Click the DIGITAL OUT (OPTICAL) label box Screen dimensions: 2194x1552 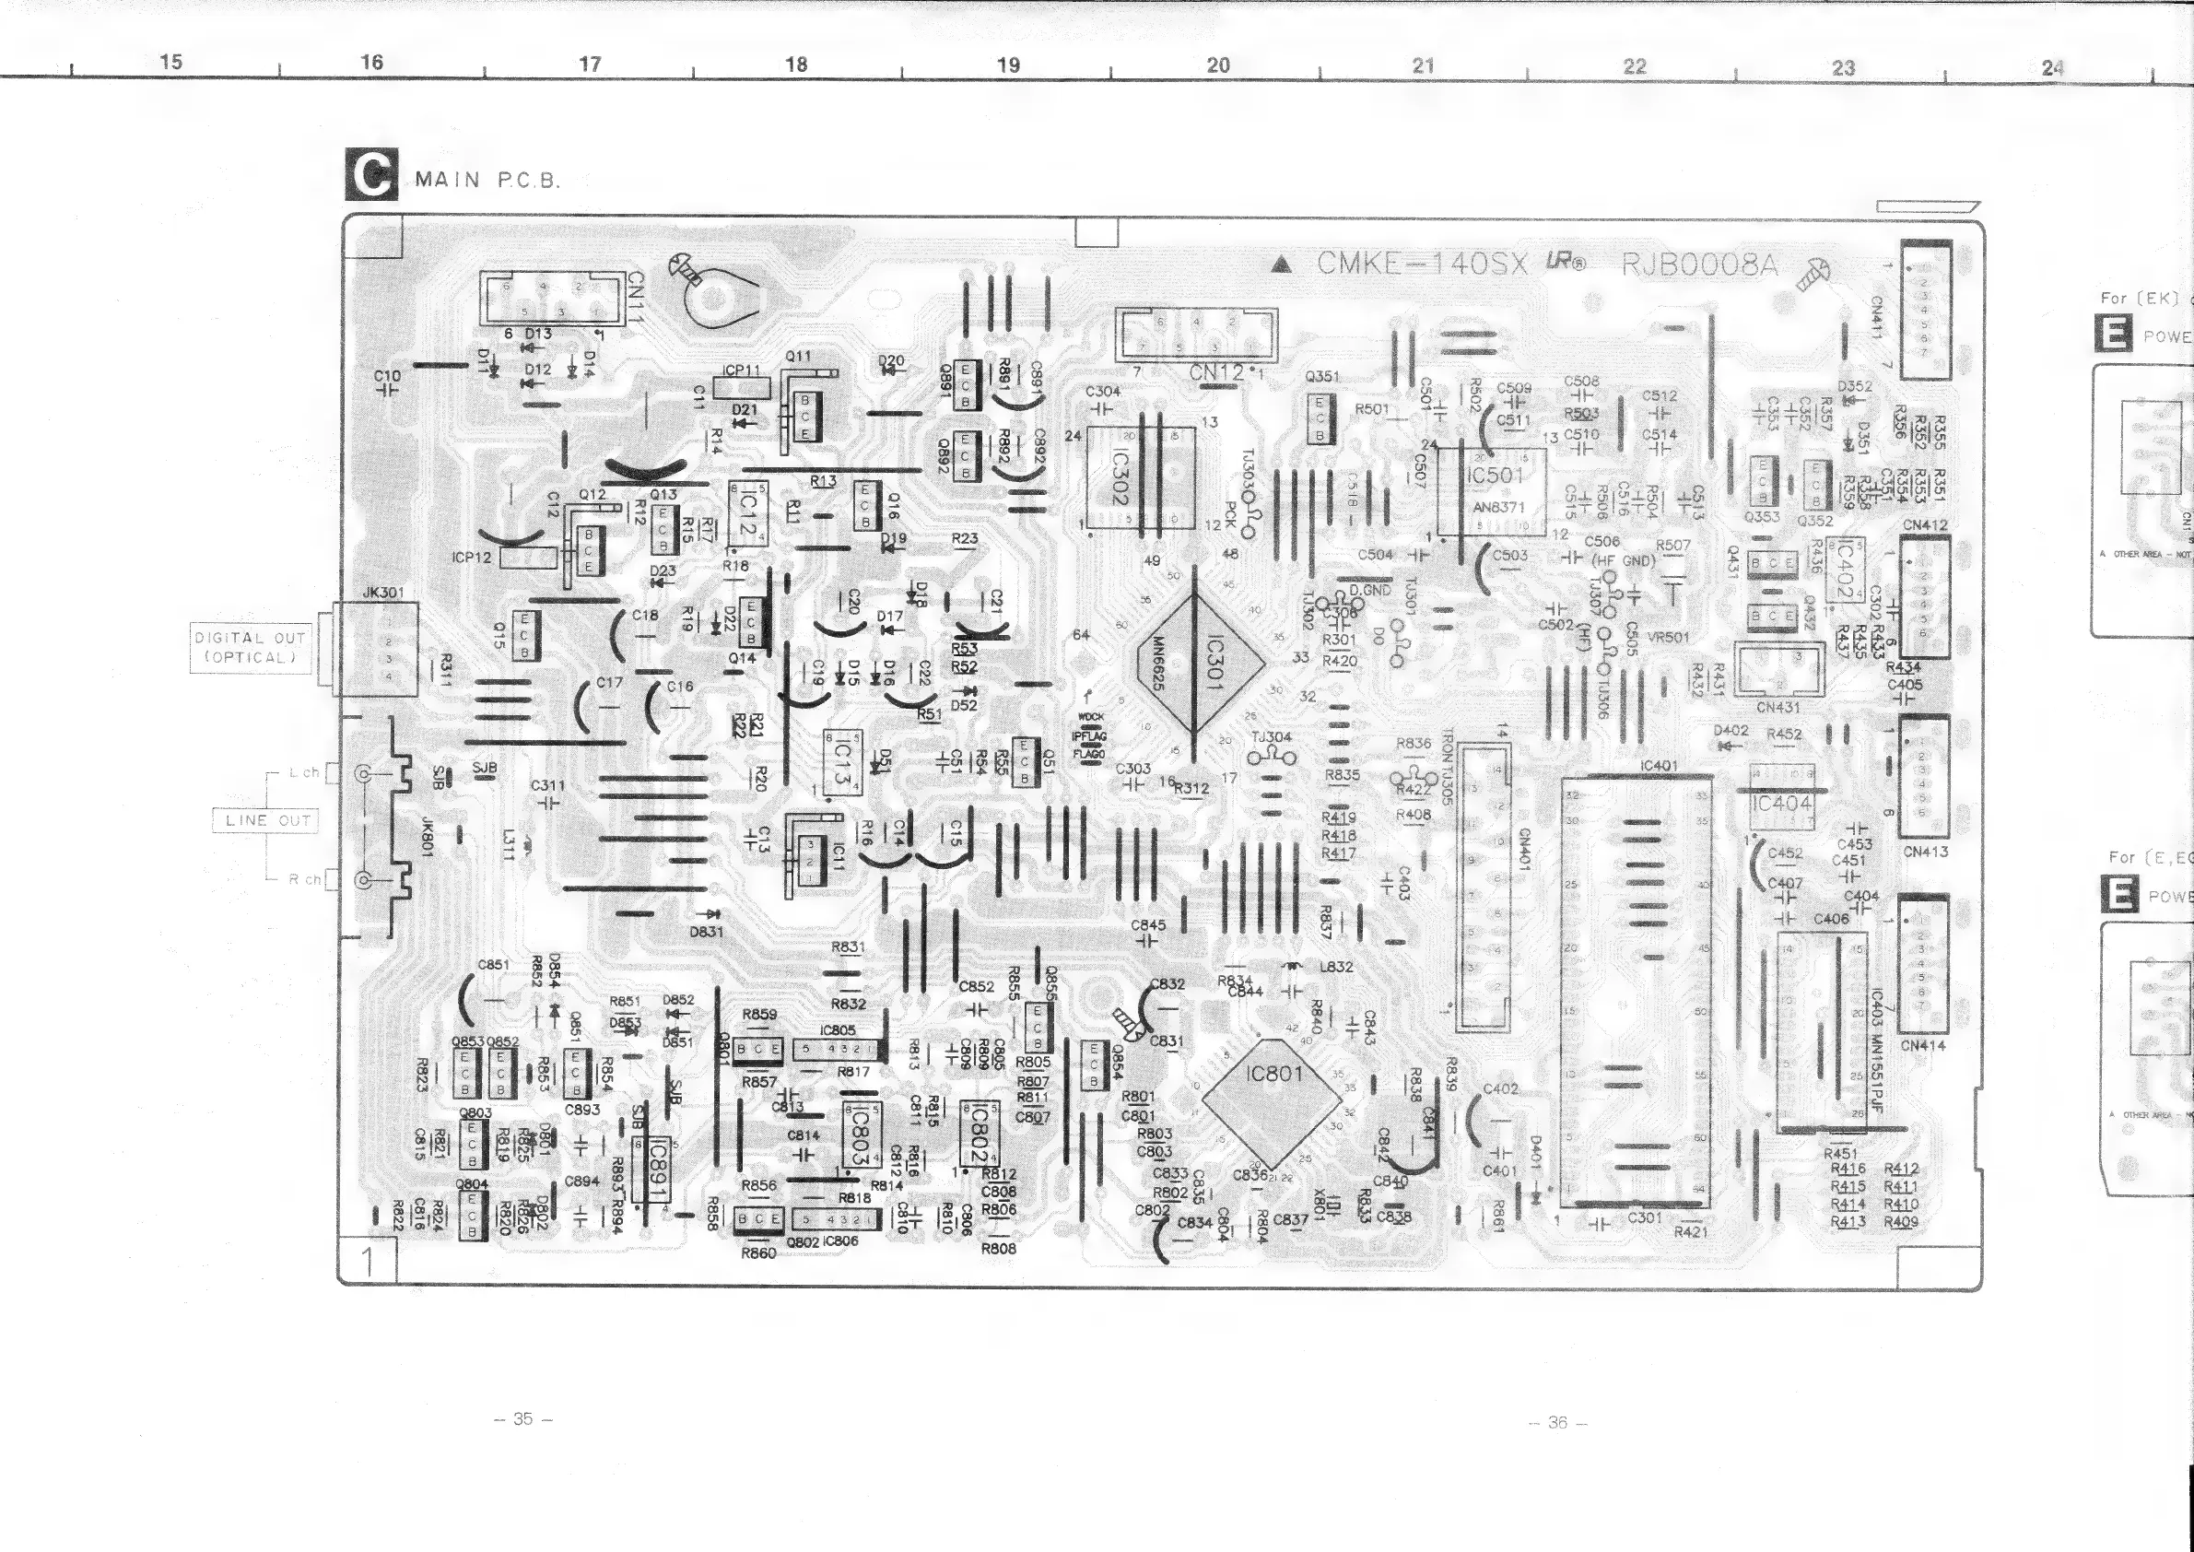click(x=251, y=648)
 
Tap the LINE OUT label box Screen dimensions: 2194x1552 click(x=267, y=820)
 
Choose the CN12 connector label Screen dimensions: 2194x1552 click(x=1217, y=372)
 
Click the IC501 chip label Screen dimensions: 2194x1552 click(x=1496, y=476)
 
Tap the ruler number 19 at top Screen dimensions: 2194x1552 click(x=1008, y=65)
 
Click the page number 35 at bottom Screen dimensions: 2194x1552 click(x=522, y=1419)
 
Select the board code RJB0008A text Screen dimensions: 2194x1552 click(x=1700, y=265)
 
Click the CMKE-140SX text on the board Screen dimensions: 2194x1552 click(x=1422, y=264)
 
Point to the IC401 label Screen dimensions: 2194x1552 click(x=1658, y=767)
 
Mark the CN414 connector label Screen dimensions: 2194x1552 click(x=1922, y=1045)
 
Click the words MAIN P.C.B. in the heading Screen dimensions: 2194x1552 click(x=487, y=180)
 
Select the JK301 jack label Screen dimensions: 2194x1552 click(x=383, y=593)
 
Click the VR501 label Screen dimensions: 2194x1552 click(x=1668, y=638)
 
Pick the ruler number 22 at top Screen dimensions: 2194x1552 click(x=1634, y=66)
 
